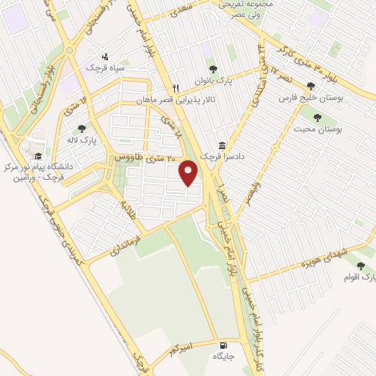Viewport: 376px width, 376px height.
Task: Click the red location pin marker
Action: point(189,173)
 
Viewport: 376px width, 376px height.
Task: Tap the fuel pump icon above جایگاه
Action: point(223,344)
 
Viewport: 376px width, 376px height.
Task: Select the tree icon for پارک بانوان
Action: point(213,69)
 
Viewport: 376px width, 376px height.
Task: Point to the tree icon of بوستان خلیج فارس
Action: point(311,85)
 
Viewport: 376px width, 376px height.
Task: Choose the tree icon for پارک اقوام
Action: point(360,266)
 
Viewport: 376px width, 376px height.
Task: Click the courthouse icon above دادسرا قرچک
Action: point(222,145)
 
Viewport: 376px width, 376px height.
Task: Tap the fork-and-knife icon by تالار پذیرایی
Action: point(176,85)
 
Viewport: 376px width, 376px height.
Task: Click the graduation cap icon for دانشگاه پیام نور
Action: point(37,156)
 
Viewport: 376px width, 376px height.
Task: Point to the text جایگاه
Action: point(223,356)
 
